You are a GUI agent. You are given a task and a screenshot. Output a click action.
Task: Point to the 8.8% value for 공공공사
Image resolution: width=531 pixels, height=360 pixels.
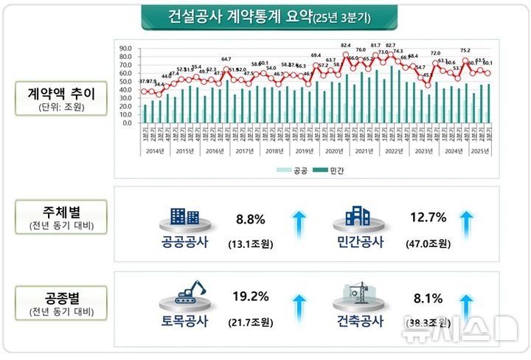[x=249, y=219]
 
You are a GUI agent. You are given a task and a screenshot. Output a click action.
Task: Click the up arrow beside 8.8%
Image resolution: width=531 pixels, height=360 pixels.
[x=299, y=224]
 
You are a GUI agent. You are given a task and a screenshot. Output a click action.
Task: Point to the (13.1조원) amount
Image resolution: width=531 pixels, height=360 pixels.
[x=250, y=243]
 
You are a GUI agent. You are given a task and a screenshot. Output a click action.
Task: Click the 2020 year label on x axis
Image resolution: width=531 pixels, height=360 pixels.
[x=336, y=151]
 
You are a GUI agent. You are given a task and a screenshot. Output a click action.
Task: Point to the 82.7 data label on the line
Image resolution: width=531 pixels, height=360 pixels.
[x=390, y=46]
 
